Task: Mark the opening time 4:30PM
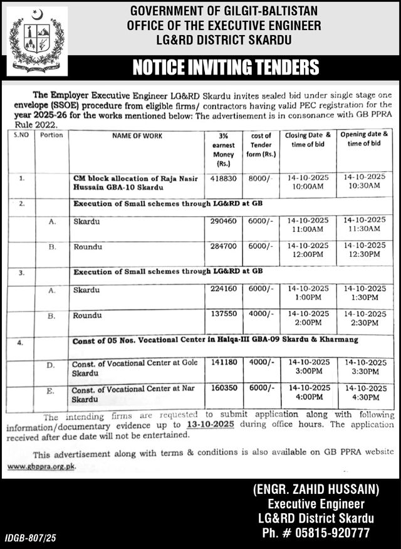[x=364, y=396]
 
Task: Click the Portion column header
[x=51, y=135]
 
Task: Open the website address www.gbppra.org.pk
[x=41, y=466]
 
